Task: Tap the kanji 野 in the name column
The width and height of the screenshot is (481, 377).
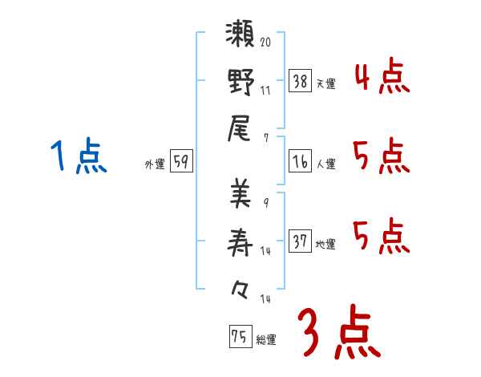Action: [x=240, y=83]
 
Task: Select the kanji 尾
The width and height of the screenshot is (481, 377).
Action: [x=240, y=128]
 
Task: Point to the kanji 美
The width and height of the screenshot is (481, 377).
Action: [x=240, y=194]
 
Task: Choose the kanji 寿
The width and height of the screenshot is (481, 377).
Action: [x=240, y=240]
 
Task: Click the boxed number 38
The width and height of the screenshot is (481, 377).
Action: [x=301, y=82]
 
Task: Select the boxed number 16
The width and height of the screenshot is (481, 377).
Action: [x=301, y=161]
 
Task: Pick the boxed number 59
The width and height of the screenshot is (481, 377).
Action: [x=181, y=162]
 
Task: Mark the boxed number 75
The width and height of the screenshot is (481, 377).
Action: [x=238, y=337]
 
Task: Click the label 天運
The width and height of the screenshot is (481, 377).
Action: [x=326, y=83]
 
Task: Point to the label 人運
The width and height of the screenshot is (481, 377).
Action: [x=326, y=164]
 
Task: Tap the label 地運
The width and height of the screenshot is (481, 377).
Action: [x=326, y=244]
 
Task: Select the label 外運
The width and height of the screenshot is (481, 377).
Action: [x=155, y=164]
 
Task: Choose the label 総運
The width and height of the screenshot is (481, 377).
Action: [x=266, y=339]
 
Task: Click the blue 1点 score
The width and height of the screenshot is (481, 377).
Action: [x=77, y=156]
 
